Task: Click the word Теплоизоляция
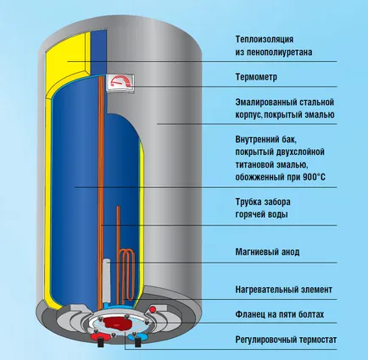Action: pyautogui.click(x=265, y=39)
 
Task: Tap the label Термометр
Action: pyautogui.click(x=256, y=77)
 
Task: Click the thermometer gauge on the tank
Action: pyautogui.click(x=120, y=83)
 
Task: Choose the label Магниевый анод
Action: pyautogui.click(x=267, y=252)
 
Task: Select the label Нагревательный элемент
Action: pyautogui.click(x=283, y=290)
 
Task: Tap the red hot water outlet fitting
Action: pyautogui.click(x=98, y=336)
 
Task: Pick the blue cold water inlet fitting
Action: pyautogui.click(x=136, y=336)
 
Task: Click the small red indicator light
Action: pyautogui.click(x=153, y=309)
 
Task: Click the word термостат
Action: pyautogui.click(x=316, y=340)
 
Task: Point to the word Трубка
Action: pyautogui.click(x=248, y=202)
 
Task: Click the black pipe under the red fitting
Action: pyautogui.click(x=100, y=343)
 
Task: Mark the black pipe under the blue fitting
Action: pyautogui.click(x=137, y=343)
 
